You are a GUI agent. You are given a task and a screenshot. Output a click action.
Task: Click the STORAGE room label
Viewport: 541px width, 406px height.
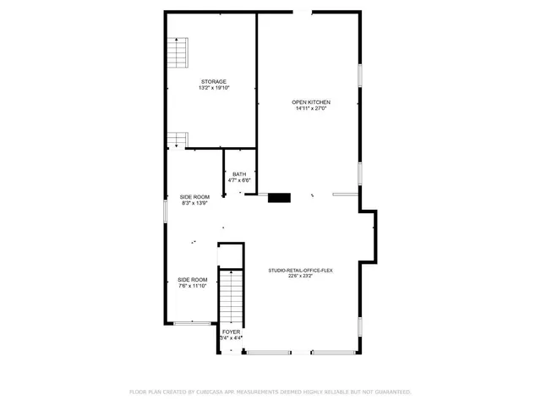click(x=213, y=81)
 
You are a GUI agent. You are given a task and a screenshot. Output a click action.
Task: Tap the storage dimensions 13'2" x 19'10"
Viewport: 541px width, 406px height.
click(x=213, y=87)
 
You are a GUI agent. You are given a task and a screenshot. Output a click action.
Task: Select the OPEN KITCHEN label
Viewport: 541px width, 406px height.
click(x=311, y=102)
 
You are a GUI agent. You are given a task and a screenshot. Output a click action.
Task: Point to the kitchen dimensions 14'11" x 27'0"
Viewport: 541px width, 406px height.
click(x=311, y=108)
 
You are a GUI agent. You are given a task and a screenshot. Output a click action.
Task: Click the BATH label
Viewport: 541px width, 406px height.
click(x=240, y=174)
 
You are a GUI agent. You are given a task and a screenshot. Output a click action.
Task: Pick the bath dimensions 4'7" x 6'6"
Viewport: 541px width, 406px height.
click(x=240, y=180)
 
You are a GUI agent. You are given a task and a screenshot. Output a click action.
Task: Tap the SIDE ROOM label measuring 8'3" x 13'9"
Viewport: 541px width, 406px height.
click(x=194, y=197)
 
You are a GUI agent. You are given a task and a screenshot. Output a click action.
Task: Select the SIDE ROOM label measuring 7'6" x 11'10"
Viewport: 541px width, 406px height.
click(x=192, y=280)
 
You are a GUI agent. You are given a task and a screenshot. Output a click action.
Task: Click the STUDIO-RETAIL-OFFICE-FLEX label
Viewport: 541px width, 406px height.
click(x=301, y=269)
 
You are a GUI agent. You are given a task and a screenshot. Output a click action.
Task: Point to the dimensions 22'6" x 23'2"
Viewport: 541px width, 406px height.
click(x=301, y=275)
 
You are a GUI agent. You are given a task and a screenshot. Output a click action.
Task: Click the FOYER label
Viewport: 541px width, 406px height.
click(x=231, y=332)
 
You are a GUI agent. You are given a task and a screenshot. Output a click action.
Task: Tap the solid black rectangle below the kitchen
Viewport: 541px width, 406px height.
click(x=279, y=198)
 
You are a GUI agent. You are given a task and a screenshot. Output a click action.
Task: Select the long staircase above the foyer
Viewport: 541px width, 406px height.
click(x=231, y=296)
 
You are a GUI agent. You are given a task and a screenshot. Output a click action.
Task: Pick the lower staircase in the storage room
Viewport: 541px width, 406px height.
click(x=177, y=139)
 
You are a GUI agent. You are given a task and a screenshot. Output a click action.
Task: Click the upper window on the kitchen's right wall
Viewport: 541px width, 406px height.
click(x=361, y=74)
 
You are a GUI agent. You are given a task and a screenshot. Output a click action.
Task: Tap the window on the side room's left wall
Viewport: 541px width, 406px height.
click(x=165, y=211)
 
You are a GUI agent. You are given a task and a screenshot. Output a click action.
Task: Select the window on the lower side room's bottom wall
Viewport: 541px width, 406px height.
click(x=191, y=322)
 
